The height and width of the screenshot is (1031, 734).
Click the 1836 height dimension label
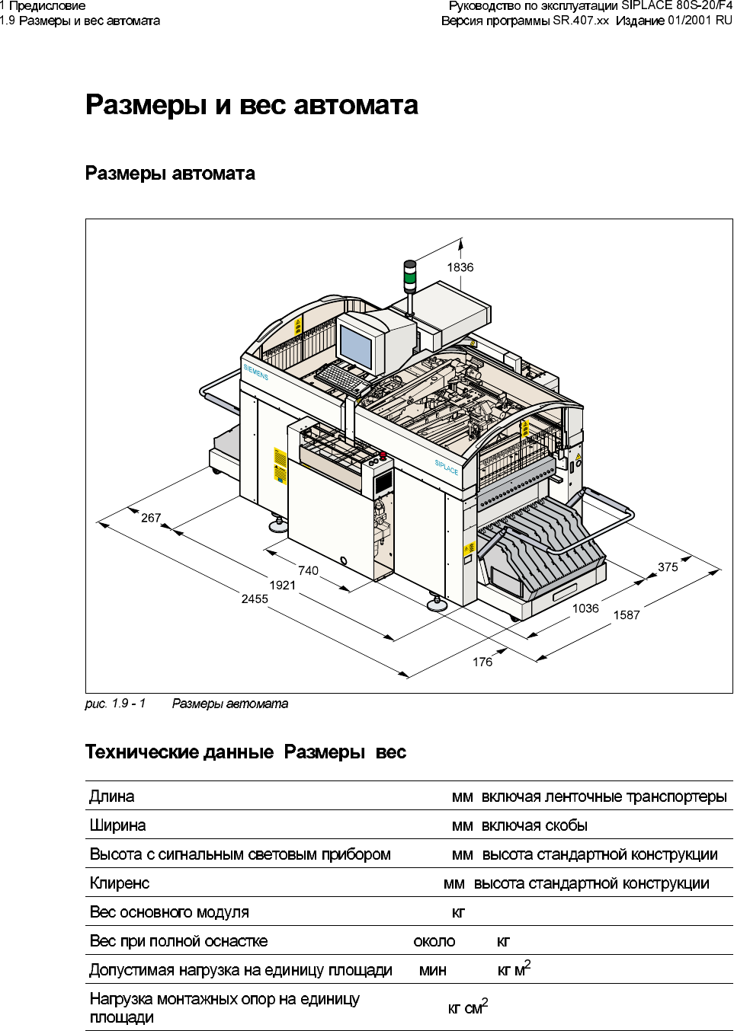[x=460, y=267]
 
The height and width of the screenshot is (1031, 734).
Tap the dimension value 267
[x=151, y=518]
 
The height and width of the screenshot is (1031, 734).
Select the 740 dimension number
[x=308, y=570]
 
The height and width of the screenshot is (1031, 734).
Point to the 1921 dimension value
[x=282, y=585]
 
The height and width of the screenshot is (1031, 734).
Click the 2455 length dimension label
[x=255, y=599]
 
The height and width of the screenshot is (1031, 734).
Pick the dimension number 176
[x=482, y=662]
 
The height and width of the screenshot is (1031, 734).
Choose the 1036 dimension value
[x=585, y=608]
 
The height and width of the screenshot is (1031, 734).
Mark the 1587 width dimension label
[x=627, y=615]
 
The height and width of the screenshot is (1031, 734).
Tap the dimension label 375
[x=668, y=567]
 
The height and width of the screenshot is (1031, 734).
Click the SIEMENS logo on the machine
[x=256, y=372]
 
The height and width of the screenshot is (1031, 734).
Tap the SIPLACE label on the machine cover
[x=447, y=467]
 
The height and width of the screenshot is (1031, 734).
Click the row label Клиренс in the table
[x=120, y=883]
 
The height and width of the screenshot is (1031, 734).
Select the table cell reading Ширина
[x=117, y=825]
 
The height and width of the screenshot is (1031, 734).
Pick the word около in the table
[x=434, y=941]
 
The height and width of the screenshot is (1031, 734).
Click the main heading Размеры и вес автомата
[x=252, y=104]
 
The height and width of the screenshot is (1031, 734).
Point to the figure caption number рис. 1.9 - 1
[x=115, y=704]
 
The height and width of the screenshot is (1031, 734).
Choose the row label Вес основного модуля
[x=169, y=912]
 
